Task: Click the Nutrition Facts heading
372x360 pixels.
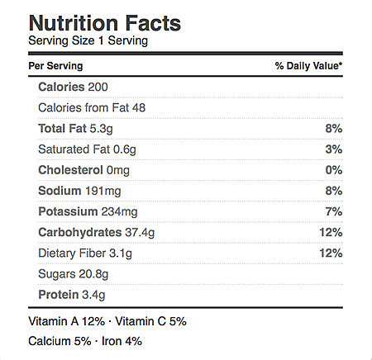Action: pyautogui.click(x=105, y=23)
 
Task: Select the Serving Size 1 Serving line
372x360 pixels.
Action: pyautogui.click(x=88, y=40)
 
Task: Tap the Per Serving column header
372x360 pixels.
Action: pyautogui.click(x=55, y=66)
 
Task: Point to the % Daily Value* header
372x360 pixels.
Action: pyautogui.click(x=308, y=66)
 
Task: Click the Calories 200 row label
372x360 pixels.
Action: pyautogui.click(x=73, y=87)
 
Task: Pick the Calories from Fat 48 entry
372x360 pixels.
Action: pyautogui.click(x=92, y=107)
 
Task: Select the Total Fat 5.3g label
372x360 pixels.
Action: pyautogui.click(x=75, y=129)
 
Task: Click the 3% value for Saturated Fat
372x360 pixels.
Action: pyautogui.click(x=334, y=149)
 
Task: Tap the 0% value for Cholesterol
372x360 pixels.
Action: pyautogui.click(x=334, y=170)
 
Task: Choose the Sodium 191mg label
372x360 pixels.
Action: pyautogui.click(x=79, y=191)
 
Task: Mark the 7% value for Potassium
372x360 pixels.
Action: pyautogui.click(x=334, y=211)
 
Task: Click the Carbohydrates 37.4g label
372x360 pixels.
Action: pyautogui.click(x=97, y=233)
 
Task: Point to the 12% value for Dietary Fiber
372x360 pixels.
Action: pyautogui.click(x=331, y=253)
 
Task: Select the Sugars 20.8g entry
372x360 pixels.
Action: pyautogui.click(x=74, y=274)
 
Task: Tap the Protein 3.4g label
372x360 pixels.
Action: pyautogui.click(x=72, y=295)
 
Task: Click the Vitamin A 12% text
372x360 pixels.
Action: pyautogui.click(x=67, y=321)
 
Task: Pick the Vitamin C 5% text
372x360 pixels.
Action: pyautogui.click(x=150, y=321)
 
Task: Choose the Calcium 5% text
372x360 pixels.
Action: pyautogui.click(x=60, y=341)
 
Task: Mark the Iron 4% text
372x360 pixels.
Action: pyautogui.click(x=122, y=341)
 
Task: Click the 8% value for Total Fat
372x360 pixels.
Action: pyautogui.click(x=334, y=128)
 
